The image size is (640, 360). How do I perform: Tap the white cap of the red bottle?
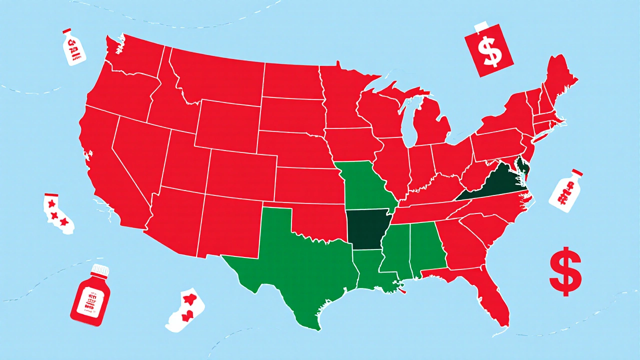[100, 270]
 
